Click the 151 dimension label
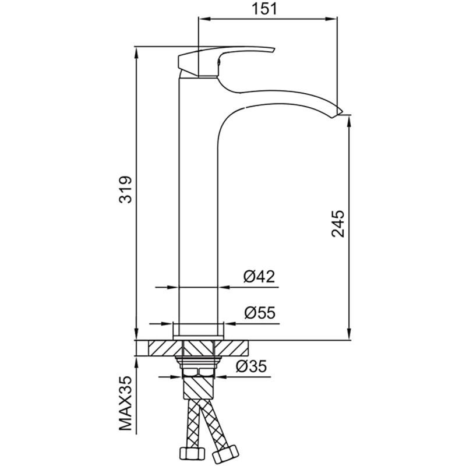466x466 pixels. tap(264, 9)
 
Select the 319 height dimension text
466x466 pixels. tap(125, 190)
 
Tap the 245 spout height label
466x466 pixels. tap(338, 224)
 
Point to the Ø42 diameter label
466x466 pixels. tap(259, 277)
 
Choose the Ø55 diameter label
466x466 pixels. tap(260, 313)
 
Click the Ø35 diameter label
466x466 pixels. tap(252, 366)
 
